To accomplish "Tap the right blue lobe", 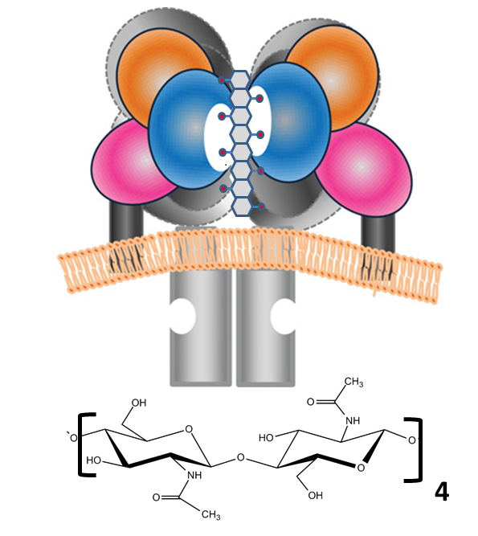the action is pyautogui.click(x=294, y=123).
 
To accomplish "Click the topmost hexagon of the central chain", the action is pyautogui.click(x=240, y=80).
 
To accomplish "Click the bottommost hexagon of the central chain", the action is pyautogui.click(x=242, y=207).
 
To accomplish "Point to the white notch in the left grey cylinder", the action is pyautogui.click(x=182, y=316).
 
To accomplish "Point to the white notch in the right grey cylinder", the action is pyautogui.click(x=283, y=316).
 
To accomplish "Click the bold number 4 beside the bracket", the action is pyautogui.click(x=442, y=492).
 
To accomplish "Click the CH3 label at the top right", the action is pyautogui.click(x=353, y=383).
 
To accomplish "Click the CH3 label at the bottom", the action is pyautogui.click(x=210, y=514).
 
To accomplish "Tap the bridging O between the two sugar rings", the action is pyautogui.click(x=240, y=457).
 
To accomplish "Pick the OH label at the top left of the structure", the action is pyautogui.click(x=139, y=403).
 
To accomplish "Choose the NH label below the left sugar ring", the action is pyautogui.click(x=194, y=475).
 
